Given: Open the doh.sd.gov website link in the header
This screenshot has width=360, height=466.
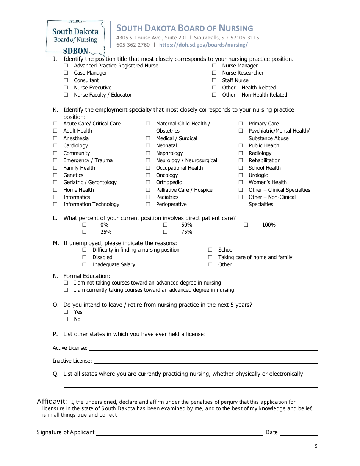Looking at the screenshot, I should coord(203,45).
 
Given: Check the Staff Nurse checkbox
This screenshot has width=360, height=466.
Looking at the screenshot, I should coord(214,80).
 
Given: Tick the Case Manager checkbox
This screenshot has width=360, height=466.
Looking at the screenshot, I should coord(66,73).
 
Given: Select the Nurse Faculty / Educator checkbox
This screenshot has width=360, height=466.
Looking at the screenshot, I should coord(66,95).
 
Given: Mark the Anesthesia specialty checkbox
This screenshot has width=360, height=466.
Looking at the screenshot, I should coord(55,139).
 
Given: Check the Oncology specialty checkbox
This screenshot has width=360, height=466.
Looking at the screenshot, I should coord(148,175).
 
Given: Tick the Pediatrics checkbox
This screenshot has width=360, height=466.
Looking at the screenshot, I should coord(148,197).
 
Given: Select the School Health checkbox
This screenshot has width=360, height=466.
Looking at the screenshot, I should coord(241,168).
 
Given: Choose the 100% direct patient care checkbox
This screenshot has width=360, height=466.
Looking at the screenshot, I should coord(246,225).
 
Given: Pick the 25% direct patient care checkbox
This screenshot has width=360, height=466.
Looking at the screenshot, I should coord(85,232).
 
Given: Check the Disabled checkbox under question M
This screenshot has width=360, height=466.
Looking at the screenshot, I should coord(85,258).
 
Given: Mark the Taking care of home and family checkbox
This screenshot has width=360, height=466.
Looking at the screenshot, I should coord(210,258).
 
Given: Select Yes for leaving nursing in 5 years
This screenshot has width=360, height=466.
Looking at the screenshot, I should coord(66,312).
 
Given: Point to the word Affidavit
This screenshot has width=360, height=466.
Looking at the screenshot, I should coord(52,402).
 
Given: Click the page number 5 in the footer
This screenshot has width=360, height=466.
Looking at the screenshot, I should coord(316,446).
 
